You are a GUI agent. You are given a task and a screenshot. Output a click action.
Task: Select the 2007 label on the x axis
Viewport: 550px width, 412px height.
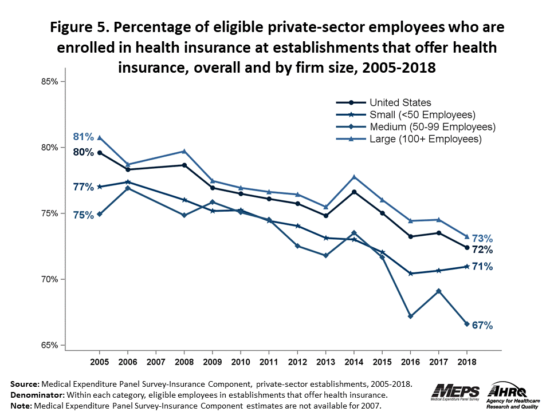[156, 362]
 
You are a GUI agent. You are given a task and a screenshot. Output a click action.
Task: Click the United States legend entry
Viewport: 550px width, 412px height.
[400, 103]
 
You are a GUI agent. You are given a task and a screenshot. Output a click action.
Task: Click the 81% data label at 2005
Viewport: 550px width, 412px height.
[83, 137]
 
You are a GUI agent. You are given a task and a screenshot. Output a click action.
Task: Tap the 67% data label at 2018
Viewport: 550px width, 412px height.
[482, 325]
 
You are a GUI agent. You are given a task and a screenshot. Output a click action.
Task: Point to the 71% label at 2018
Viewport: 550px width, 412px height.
[482, 267]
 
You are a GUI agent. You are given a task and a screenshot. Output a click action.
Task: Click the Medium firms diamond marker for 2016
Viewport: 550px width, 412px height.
[410, 316]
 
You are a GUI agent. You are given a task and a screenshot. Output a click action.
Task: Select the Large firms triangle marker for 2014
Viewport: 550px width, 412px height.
[354, 177]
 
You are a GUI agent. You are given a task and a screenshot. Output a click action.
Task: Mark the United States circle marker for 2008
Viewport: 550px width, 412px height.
[184, 165]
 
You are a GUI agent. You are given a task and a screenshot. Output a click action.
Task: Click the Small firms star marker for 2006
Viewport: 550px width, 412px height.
[128, 182]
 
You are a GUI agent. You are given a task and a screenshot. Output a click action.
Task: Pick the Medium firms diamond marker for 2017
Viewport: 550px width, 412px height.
[438, 291]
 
